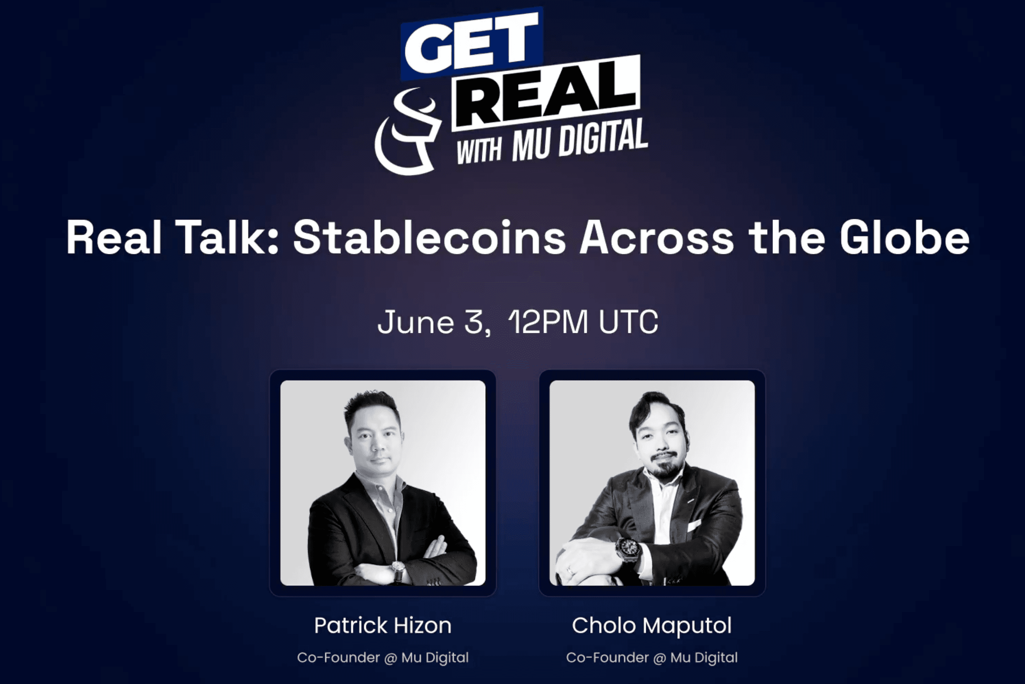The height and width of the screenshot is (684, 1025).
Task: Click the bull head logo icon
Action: [408, 131]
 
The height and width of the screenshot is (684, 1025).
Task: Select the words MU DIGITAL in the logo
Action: [580, 140]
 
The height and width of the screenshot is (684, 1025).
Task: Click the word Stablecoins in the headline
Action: [429, 237]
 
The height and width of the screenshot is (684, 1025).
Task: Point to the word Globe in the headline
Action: [904, 237]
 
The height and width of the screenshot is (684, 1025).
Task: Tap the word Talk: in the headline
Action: [227, 237]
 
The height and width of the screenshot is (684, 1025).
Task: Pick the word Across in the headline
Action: [656, 238]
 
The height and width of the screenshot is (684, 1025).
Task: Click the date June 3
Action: [434, 323]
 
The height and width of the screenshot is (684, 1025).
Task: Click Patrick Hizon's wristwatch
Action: [398, 569]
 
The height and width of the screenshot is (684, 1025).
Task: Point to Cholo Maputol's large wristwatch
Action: [627, 550]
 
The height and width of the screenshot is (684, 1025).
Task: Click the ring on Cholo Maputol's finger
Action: [570, 570]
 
